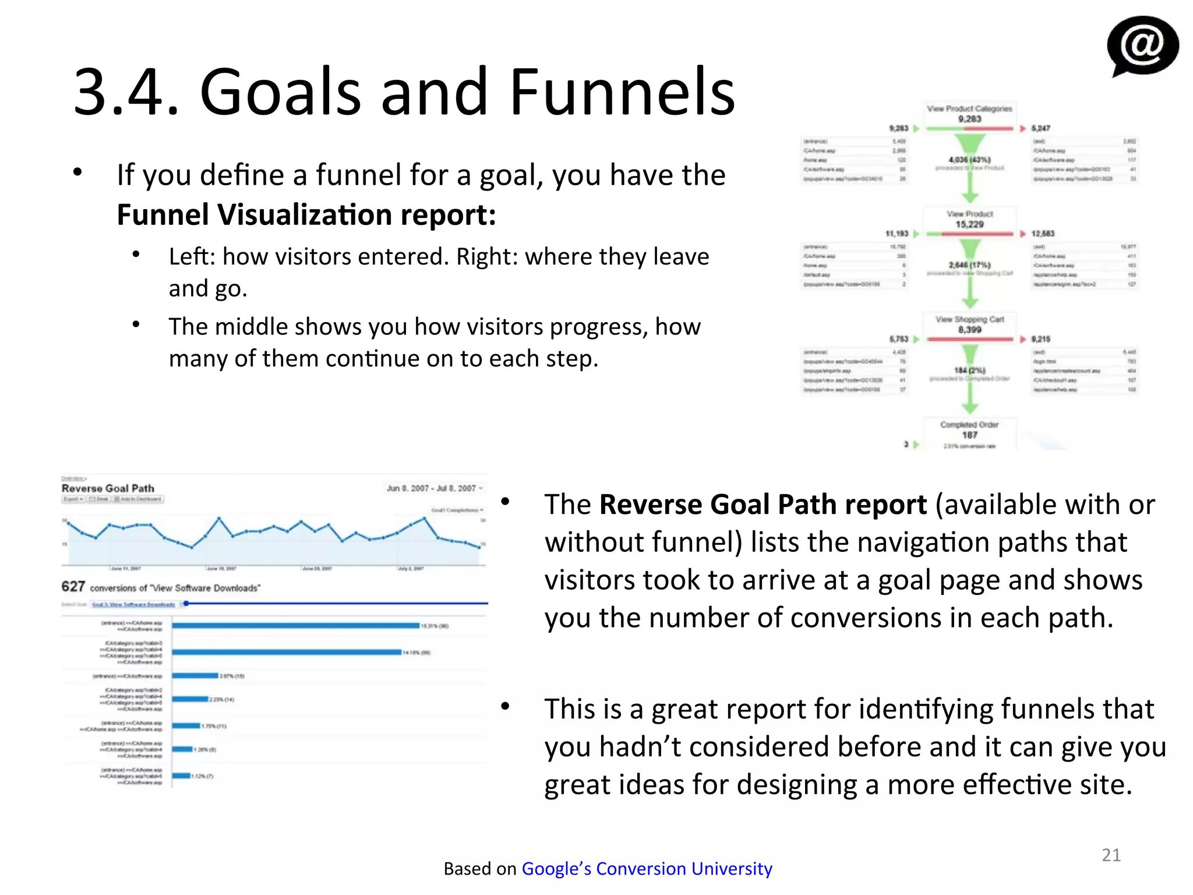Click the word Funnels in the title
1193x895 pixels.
coord(622,92)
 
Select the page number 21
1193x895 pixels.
coord(1111,855)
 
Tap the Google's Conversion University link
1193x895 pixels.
coord(647,868)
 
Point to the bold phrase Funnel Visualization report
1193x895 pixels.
coord(306,214)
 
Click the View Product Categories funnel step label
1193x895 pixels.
coord(969,109)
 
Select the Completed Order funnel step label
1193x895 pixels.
coord(969,425)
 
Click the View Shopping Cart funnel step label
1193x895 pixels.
coord(969,319)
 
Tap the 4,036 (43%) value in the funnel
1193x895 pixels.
coord(969,159)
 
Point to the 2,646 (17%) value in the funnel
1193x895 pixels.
coord(969,265)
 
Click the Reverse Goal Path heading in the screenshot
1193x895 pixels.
coord(108,488)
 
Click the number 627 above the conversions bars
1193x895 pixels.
coord(73,586)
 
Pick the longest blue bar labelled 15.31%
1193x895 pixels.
coord(295,626)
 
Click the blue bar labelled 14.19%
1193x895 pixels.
coord(287,652)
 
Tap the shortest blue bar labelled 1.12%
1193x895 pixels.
coord(181,776)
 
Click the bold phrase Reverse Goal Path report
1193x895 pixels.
coord(763,505)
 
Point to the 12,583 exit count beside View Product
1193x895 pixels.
coord(1043,234)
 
